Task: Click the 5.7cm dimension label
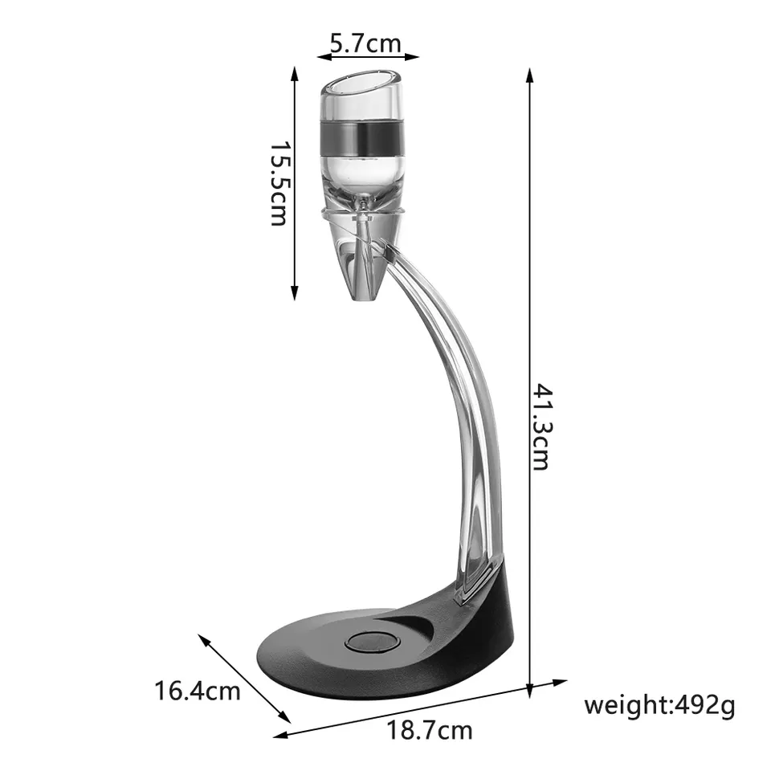tap(365, 43)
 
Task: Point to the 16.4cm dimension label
tap(198, 690)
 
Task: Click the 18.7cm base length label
tap(430, 730)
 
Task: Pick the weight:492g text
tap(659, 706)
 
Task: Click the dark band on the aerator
tap(363, 137)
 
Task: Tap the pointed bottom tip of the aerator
tap(363, 298)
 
